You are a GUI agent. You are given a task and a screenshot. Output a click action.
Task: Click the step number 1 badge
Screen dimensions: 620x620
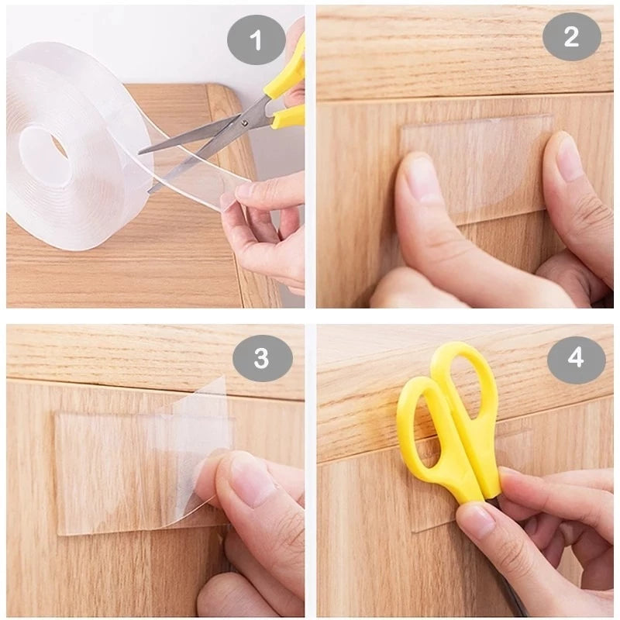(x=257, y=36)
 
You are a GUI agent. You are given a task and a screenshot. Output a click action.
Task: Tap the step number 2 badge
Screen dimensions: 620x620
(x=571, y=36)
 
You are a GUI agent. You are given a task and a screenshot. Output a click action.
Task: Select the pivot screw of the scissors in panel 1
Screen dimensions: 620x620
(x=245, y=120)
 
